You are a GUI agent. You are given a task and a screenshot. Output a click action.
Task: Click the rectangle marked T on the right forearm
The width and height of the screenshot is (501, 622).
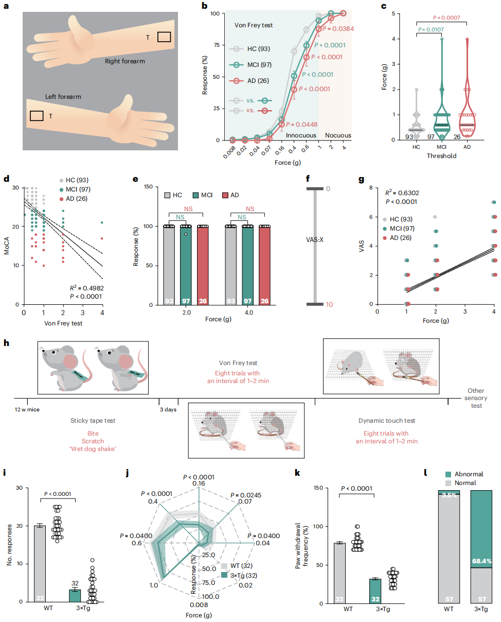click(164, 37)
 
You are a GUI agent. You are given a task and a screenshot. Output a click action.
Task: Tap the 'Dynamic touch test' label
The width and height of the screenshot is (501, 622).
click(387, 421)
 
